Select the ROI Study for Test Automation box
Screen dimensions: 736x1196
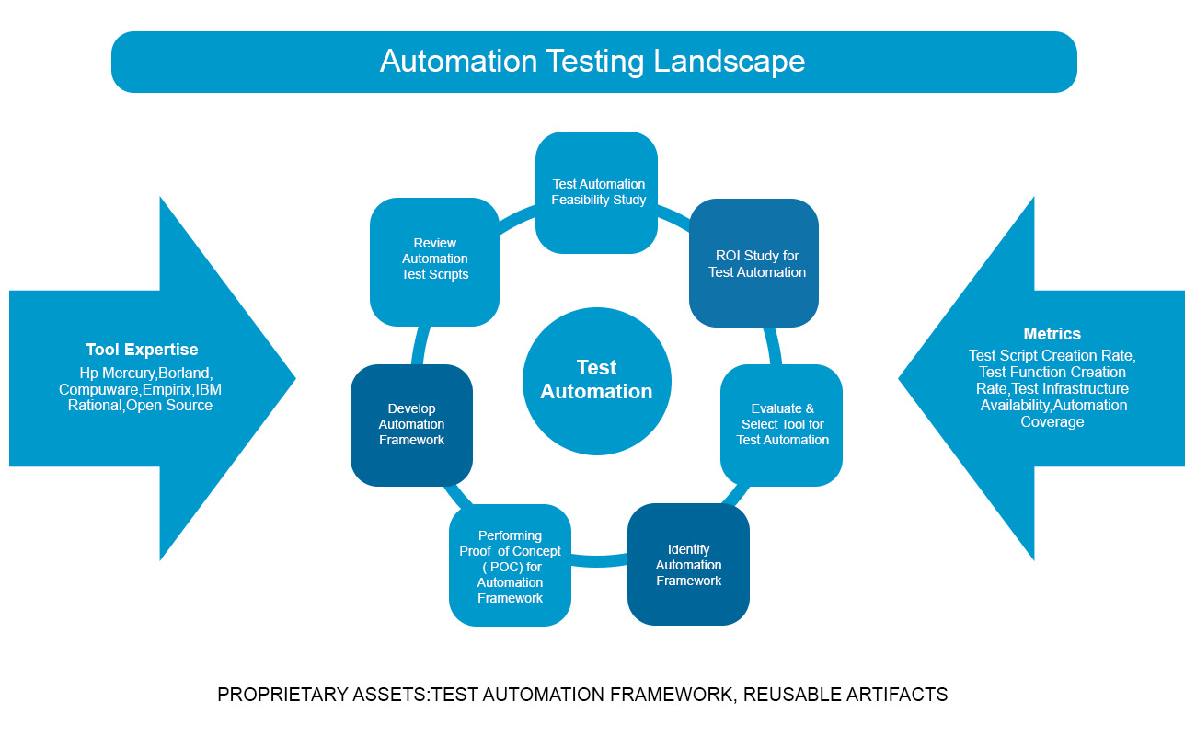[x=753, y=263]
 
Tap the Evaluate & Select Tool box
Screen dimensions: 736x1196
[x=781, y=425]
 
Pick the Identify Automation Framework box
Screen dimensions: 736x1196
[x=688, y=564]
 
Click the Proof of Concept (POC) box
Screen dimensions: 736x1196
[x=510, y=566]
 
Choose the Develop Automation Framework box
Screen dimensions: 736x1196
[x=411, y=425]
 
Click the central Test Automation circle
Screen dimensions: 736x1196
[x=596, y=380]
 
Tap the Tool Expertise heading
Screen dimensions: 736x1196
[x=142, y=350]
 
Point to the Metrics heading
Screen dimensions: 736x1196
[x=1052, y=334]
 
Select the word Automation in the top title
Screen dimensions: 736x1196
[x=457, y=62]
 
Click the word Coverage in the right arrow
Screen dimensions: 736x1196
[x=1052, y=422]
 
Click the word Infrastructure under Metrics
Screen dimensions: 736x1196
[x=1082, y=389]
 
